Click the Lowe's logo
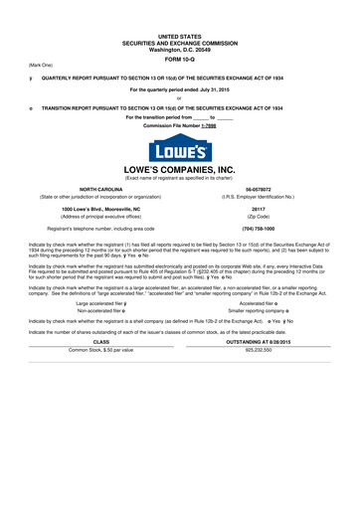pyautogui.click(x=179, y=153)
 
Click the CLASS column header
pyautogui.click(x=100, y=370)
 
